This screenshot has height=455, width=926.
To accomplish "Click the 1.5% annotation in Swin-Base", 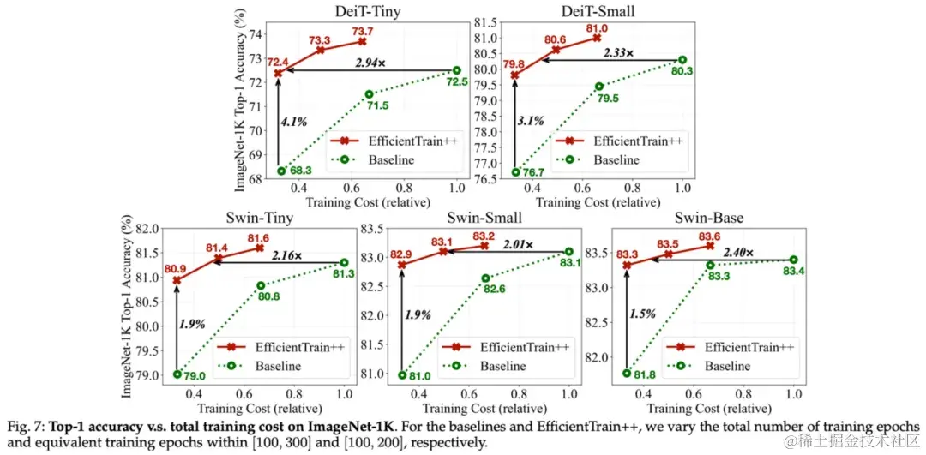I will (x=644, y=314).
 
